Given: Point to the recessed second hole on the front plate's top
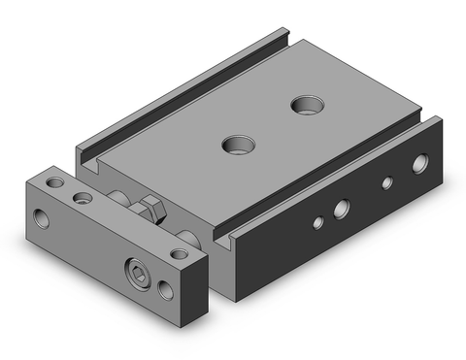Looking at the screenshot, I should tap(83, 198).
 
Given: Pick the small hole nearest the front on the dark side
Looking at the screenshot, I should tap(316, 222).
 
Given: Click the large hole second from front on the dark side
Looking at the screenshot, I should tap(342, 207).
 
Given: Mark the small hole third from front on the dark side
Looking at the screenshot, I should tap(386, 181).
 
